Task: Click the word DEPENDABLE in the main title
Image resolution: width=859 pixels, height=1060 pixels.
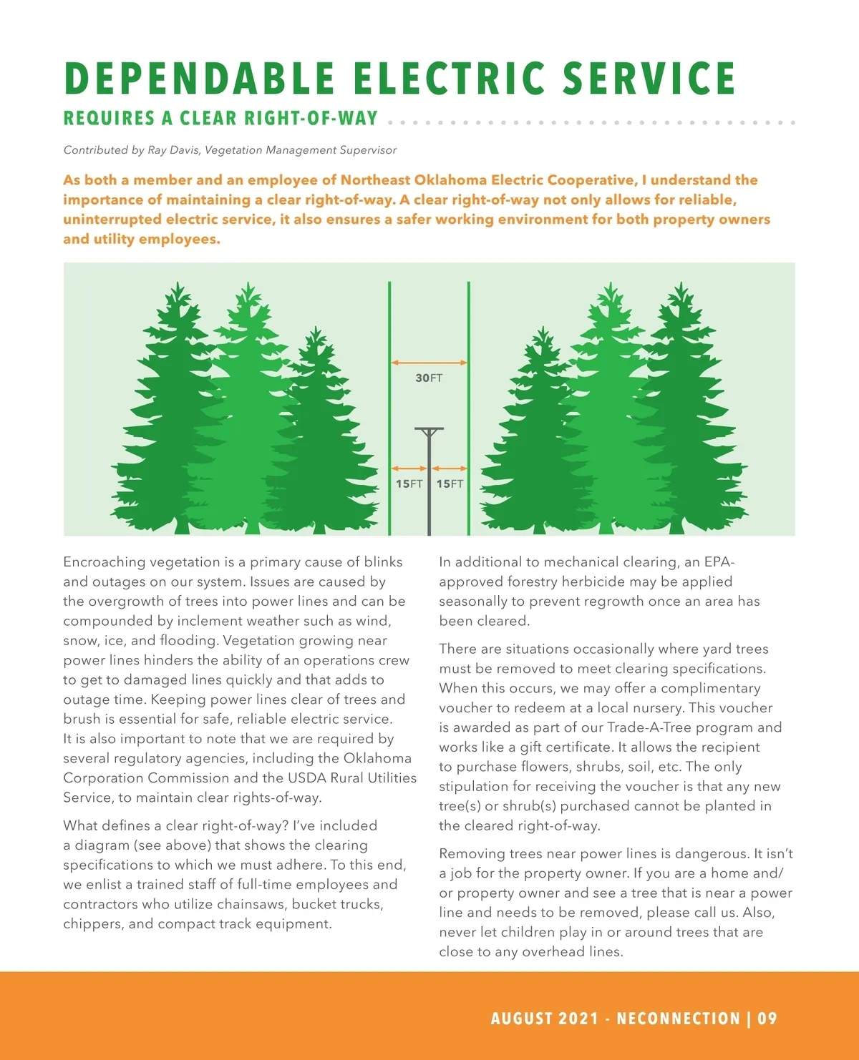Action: [199, 79]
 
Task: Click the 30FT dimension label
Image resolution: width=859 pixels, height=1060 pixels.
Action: [429, 378]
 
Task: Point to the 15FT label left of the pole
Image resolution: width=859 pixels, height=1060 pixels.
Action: [409, 484]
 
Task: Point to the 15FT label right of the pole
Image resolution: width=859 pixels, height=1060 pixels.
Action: [450, 484]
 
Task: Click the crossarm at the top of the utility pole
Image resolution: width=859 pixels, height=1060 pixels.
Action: [429, 430]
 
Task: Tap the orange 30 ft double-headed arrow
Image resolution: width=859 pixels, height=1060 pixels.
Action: [429, 363]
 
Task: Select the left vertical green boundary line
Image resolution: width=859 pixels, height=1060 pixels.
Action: [389, 408]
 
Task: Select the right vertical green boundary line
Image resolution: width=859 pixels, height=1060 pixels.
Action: [469, 408]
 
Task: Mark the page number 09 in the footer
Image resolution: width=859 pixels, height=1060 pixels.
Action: [767, 1019]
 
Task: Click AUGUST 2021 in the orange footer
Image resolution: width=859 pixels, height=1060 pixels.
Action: [544, 1019]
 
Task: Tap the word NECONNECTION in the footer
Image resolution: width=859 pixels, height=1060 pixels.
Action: [678, 1019]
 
